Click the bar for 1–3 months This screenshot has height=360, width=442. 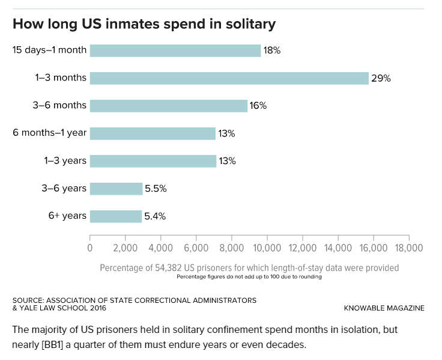click(229, 78)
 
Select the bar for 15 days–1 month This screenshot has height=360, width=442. click(175, 50)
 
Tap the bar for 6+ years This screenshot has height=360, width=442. click(116, 216)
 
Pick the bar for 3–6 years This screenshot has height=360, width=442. click(116, 189)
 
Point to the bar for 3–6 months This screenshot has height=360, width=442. click(168, 106)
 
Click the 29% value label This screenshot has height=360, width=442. click(381, 78)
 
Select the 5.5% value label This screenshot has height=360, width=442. click(155, 189)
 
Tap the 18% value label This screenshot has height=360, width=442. click(272, 50)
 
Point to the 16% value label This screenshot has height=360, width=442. click(258, 106)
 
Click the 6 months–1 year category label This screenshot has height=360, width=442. click(49, 133)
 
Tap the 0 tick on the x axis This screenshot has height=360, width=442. click(90, 248)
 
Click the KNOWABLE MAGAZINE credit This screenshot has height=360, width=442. click(384, 308)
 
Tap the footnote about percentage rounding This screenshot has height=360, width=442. click(249, 277)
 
